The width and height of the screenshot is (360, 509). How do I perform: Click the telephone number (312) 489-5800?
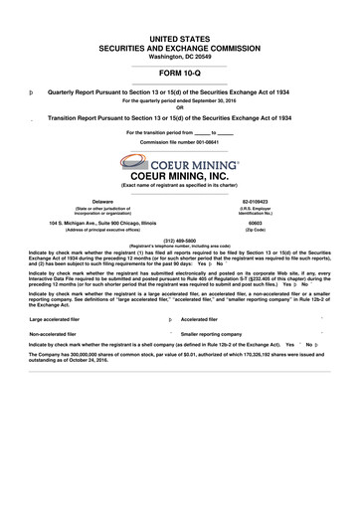coord(179,240)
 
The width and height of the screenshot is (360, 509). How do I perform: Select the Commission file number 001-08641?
coord(179,142)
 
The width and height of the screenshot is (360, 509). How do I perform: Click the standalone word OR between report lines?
coord(179,106)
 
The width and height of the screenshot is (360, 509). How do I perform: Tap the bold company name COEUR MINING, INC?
coord(179,176)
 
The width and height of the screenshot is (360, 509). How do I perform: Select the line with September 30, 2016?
coord(179,100)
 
